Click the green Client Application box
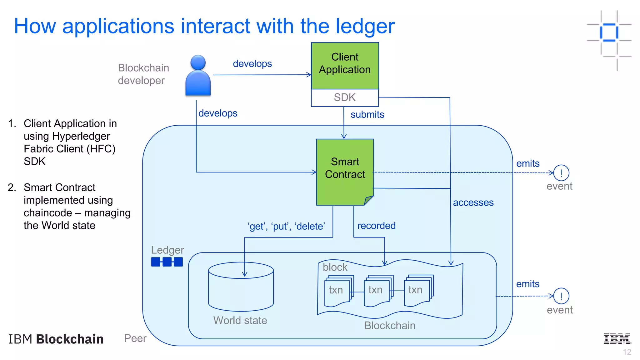point(345,66)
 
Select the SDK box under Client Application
point(345,97)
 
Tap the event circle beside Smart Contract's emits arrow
point(561,173)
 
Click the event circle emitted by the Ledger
point(561,296)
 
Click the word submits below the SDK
point(367,115)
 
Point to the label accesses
point(473,202)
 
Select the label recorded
point(376,226)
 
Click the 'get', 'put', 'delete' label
point(286,226)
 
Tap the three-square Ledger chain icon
point(167,262)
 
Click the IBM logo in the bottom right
point(617,339)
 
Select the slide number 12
point(627,352)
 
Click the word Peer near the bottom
point(135,338)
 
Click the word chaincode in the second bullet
point(48,213)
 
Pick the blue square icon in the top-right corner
point(609,32)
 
